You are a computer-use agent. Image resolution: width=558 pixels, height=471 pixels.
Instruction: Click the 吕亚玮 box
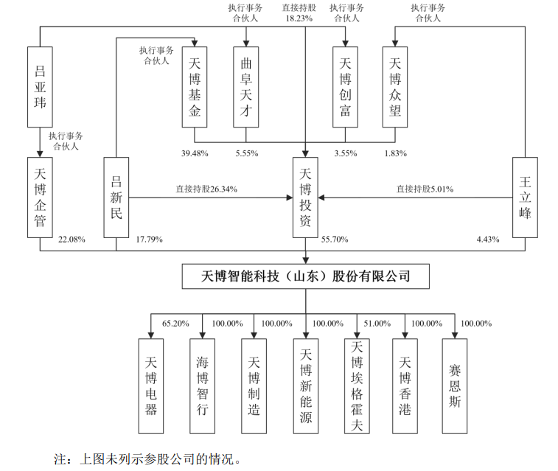pyautogui.click(x=40, y=87)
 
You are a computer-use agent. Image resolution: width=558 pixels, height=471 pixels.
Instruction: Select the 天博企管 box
pyautogui.click(x=40, y=198)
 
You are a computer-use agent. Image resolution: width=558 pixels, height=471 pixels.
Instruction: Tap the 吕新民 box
pyautogui.click(x=116, y=198)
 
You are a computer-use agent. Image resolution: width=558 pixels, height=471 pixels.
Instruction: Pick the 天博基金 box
pyautogui.click(x=195, y=87)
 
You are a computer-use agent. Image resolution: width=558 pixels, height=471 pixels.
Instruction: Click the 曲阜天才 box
pyautogui.click(x=246, y=87)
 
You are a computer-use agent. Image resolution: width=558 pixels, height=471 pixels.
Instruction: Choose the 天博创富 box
pyautogui.click(x=345, y=87)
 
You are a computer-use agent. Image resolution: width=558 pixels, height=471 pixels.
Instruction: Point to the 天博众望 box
pyautogui.click(x=395, y=87)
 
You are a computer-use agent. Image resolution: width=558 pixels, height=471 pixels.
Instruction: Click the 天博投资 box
pyautogui.click(x=305, y=198)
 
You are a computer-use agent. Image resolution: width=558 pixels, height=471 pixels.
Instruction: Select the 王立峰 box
pyautogui.click(x=525, y=198)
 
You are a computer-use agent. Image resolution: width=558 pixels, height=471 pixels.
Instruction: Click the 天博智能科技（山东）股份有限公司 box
pyautogui.click(x=306, y=276)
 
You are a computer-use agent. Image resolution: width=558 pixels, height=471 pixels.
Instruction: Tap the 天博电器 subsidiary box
pyautogui.click(x=151, y=386)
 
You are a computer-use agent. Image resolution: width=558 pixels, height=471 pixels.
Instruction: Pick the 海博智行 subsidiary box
pyautogui.click(x=202, y=386)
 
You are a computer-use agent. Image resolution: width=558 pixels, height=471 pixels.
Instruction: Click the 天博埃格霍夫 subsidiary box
pyautogui.click(x=357, y=386)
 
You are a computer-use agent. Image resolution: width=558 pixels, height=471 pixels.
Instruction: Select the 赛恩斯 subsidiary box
pyautogui.click(x=455, y=386)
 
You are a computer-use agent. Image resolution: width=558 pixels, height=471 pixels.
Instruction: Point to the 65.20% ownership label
pyautogui.click(x=175, y=324)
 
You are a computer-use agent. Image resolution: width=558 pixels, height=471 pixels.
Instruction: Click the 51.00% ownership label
pyautogui.click(x=377, y=324)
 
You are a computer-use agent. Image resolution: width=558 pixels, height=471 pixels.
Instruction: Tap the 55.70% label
pyautogui.click(x=335, y=240)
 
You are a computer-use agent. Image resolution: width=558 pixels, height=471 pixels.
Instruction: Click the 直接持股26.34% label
pyautogui.click(x=206, y=189)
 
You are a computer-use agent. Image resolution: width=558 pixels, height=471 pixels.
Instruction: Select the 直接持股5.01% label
pyautogui.click(x=425, y=189)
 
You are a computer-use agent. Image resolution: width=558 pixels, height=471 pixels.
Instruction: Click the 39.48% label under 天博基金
pyautogui.click(x=195, y=153)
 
